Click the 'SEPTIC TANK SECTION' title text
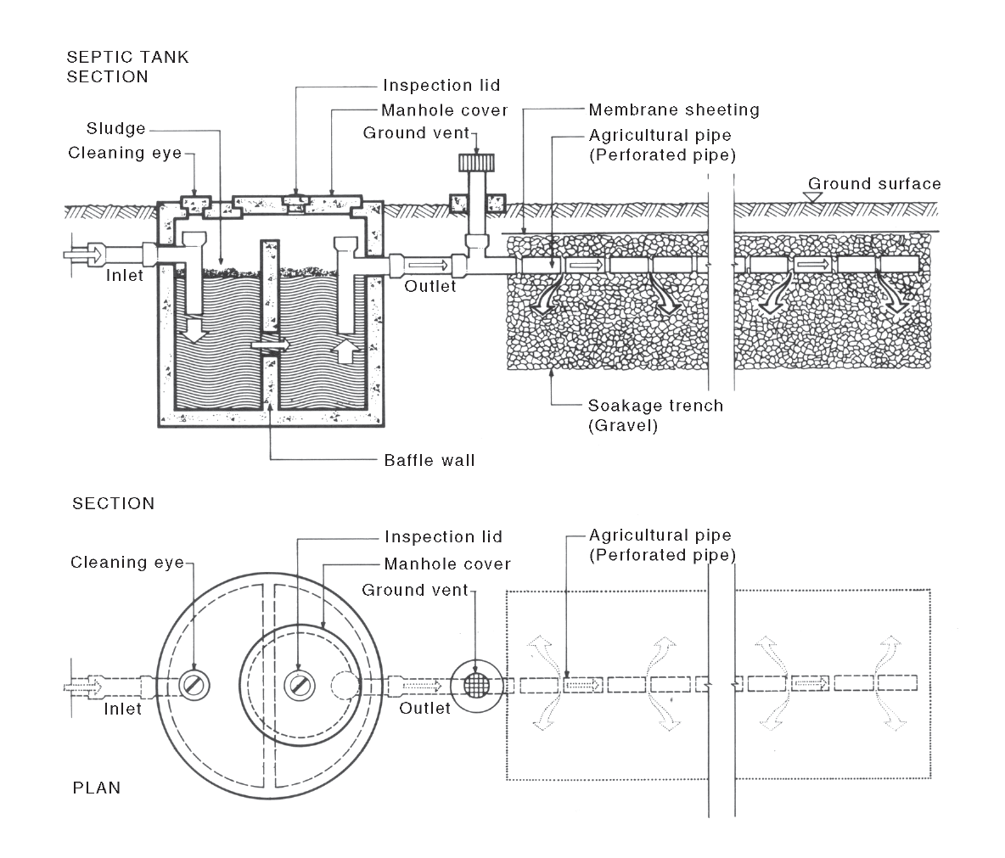[x=127, y=67]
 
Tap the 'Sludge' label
[x=115, y=129]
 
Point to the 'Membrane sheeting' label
[x=674, y=109]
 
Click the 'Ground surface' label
[x=874, y=183]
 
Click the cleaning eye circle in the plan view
[x=194, y=684]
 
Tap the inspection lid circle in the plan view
[x=298, y=684]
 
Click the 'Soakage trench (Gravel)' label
[x=655, y=415]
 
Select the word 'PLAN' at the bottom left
[x=97, y=788]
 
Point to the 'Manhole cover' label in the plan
[x=447, y=564]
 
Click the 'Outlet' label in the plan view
[x=425, y=708]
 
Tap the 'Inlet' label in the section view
[x=125, y=275]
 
